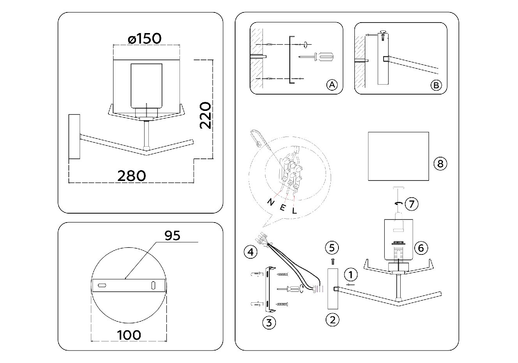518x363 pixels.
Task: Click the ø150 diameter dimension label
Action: click(145, 39)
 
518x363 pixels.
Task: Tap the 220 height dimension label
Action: click(205, 115)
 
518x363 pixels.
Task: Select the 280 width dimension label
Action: click(132, 176)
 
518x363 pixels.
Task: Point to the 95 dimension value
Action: click(172, 236)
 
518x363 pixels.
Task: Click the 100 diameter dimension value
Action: click(129, 335)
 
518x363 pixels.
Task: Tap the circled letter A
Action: click(332, 85)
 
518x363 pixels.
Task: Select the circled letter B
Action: click(436, 85)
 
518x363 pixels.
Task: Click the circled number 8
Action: click(440, 164)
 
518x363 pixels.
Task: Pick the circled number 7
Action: click(412, 204)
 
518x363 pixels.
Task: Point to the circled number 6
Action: click(421, 248)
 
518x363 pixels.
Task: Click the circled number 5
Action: click(332, 247)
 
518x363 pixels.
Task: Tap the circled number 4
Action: click(251, 252)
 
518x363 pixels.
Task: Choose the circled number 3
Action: click(269, 323)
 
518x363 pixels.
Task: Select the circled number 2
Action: click(333, 320)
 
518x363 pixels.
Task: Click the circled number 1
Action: click(351, 275)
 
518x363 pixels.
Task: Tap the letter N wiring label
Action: click(270, 202)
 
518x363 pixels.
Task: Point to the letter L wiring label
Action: click(294, 210)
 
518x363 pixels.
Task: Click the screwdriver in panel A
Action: click(316, 57)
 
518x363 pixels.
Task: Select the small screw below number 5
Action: click(333, 261)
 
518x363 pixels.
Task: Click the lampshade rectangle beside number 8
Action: click(398, 156)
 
